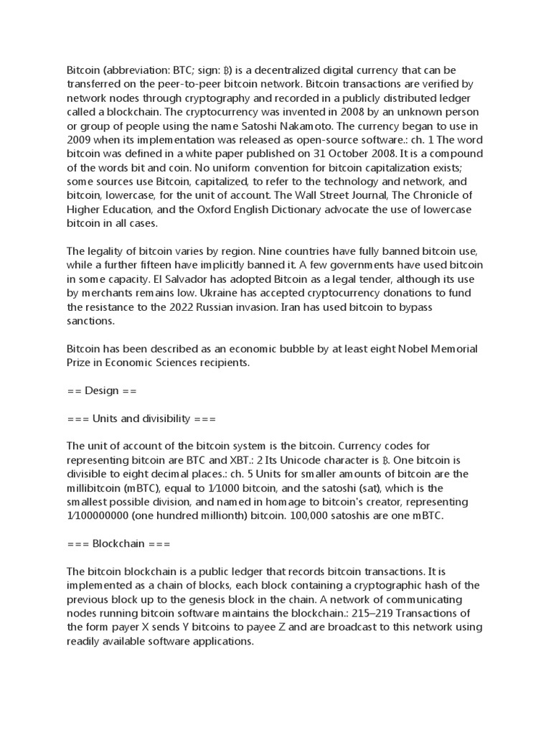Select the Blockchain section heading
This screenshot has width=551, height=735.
click(118, 544)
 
